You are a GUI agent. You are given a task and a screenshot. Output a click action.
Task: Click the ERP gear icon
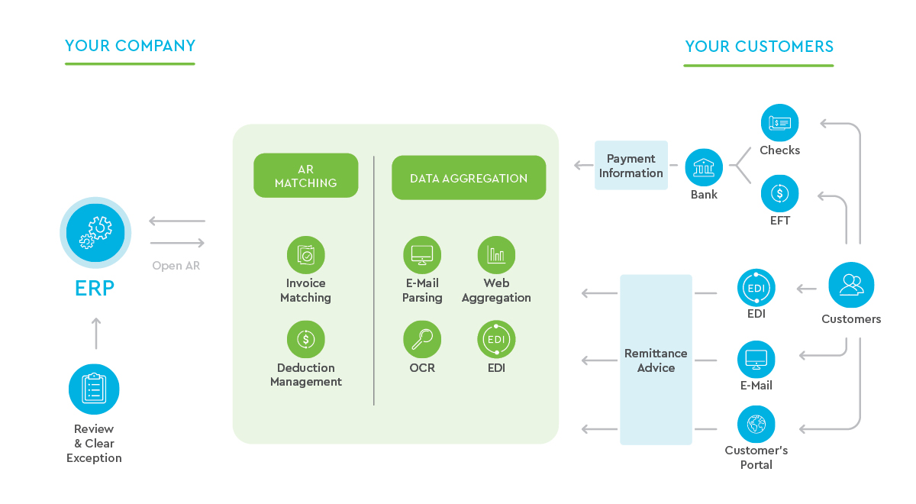(95, 232)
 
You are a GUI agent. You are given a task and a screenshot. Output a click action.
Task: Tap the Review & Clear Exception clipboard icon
(94, 389)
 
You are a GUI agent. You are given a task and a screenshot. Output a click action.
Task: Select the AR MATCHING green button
(305, 176)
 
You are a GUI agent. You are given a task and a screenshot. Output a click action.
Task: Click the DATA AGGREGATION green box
(469, 178)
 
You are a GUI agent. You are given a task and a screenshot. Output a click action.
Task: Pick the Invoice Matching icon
(305, 255)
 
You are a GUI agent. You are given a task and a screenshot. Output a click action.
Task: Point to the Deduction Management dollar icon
(305, 339)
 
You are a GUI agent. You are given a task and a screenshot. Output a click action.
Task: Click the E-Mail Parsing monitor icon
(421, 255)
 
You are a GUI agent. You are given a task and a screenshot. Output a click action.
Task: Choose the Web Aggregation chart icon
(496, 255)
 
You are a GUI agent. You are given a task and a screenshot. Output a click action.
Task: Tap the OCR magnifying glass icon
(421, 339)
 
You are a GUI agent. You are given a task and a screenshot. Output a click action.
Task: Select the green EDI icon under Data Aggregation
(496, 339)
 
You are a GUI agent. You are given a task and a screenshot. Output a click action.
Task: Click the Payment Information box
(631, 166)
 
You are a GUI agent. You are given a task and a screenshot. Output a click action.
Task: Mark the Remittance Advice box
(656, 360)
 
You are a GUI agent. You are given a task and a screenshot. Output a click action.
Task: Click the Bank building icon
(704, 167)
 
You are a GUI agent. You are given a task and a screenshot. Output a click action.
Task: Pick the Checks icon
(779, 123)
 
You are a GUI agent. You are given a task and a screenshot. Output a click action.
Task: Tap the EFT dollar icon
(779, 193)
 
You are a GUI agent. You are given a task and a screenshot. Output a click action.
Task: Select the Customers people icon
(851, 285)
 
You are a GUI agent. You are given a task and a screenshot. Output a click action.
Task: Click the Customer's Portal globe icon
(756, 424)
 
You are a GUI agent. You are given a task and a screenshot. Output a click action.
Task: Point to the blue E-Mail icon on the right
(756, 359)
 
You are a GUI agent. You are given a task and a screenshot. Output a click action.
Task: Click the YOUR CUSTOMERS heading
(759, 47)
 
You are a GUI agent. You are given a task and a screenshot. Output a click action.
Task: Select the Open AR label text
(177, 266)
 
